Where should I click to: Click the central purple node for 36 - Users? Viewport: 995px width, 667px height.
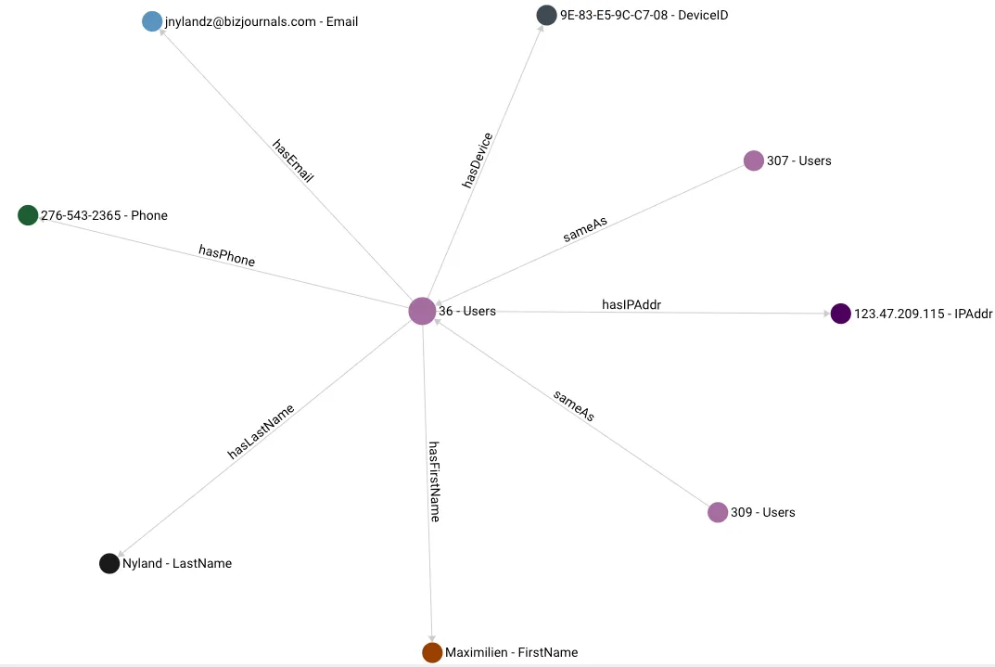[x=422, y=311]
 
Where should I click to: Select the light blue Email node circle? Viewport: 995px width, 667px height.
[x=152, y=21]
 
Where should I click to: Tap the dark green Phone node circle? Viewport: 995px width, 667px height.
[x=28, y=215]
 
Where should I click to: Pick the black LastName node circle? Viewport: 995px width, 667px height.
[x=109, y=563]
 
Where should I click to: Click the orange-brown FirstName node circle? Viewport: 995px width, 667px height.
[x=432, y=652]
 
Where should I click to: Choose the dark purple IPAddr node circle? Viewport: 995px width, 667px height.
[x=841, y=314]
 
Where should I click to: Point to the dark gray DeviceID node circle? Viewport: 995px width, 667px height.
[x=546, y=15]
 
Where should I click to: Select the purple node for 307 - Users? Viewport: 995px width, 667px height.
[x=753, y=160]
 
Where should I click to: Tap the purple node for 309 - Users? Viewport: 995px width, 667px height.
[x=718, y=512]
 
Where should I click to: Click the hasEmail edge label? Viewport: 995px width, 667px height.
[x=292, y=161]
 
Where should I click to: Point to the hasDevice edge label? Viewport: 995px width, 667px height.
[x=478, y=160]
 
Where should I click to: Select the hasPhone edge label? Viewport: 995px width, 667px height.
[x=226, y=255]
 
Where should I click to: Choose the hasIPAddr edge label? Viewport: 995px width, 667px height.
[x=631, y=304]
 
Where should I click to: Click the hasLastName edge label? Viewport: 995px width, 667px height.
[x=261, y=431]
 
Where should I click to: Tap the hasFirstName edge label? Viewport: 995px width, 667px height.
[x=434, y=481]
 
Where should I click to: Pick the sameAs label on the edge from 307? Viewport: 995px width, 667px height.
[x=585, y=229]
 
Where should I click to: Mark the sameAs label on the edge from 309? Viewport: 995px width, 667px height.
[x=574, y=405]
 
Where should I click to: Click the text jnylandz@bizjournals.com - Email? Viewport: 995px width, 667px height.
[x=262, y=21]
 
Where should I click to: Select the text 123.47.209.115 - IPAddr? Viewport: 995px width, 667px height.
[x=924, y=314]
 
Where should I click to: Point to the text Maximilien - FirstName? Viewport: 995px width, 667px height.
[x=512, y=652]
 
